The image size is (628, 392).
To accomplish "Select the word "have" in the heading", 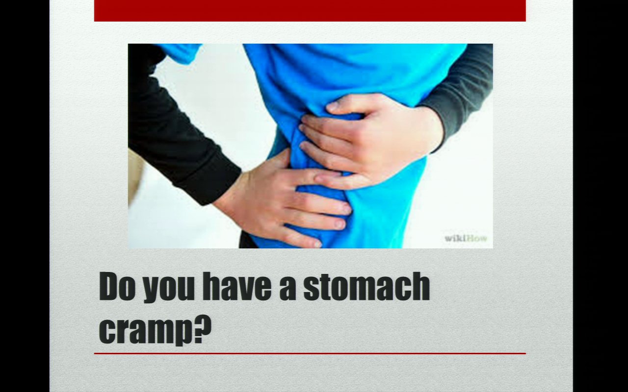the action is click(237, 286).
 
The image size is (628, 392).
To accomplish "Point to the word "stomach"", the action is click(366, 286).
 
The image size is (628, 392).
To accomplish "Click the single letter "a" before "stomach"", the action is click(288, 290).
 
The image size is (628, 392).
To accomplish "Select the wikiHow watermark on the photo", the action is click(466, 239).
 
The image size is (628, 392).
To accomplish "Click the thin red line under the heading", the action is click(310, 354).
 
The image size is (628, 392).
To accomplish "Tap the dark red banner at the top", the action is click(310, 11).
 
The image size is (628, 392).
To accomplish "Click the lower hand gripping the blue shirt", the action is click(283, 201).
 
